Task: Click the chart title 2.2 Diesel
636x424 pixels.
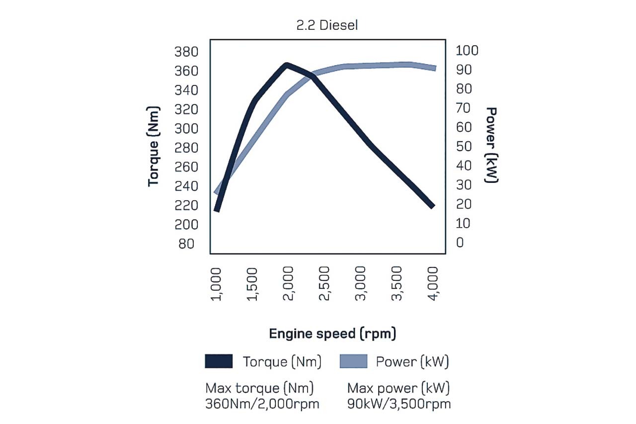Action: (x=326, y=26)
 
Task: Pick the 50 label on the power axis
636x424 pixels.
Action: (x=463, y=147)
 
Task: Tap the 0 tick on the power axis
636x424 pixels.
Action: (x=460, y=243)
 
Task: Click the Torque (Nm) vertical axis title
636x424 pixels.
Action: (x=155, y=146)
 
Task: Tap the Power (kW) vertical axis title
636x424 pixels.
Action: (x=491, y=145)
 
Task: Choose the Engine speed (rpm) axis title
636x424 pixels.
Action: (x=332, y=334)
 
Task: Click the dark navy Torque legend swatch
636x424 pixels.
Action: (x=219, y=361)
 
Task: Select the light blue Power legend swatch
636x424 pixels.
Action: (x=353, y=361)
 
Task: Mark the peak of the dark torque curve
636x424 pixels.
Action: (x=287, y=65)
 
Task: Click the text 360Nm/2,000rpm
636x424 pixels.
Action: (x=262, y=404)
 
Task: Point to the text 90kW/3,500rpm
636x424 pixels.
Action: (x=399, y=404)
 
